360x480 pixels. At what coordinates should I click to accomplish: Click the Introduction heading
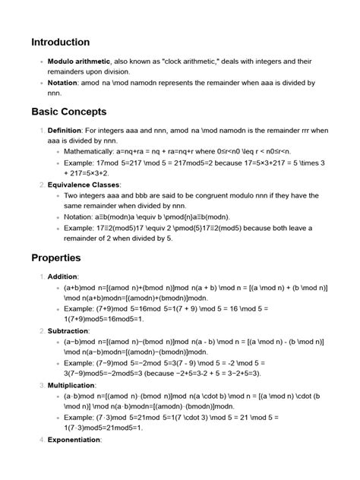tap(61, 42)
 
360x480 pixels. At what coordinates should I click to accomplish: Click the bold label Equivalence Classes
tap(84, 184)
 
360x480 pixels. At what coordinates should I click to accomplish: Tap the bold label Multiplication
tap(73, 385)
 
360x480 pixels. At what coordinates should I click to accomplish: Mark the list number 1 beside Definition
tap(41, 131)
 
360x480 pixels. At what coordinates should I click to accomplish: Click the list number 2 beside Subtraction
tap(41, 330)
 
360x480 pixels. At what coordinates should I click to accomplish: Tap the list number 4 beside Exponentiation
tap(41, 440)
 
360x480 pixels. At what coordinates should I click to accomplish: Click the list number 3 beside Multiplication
tap(41, 385)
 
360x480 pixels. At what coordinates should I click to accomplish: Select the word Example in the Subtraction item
tap(80, 363)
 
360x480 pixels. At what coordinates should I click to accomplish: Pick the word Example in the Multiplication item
tap(80, 418)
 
